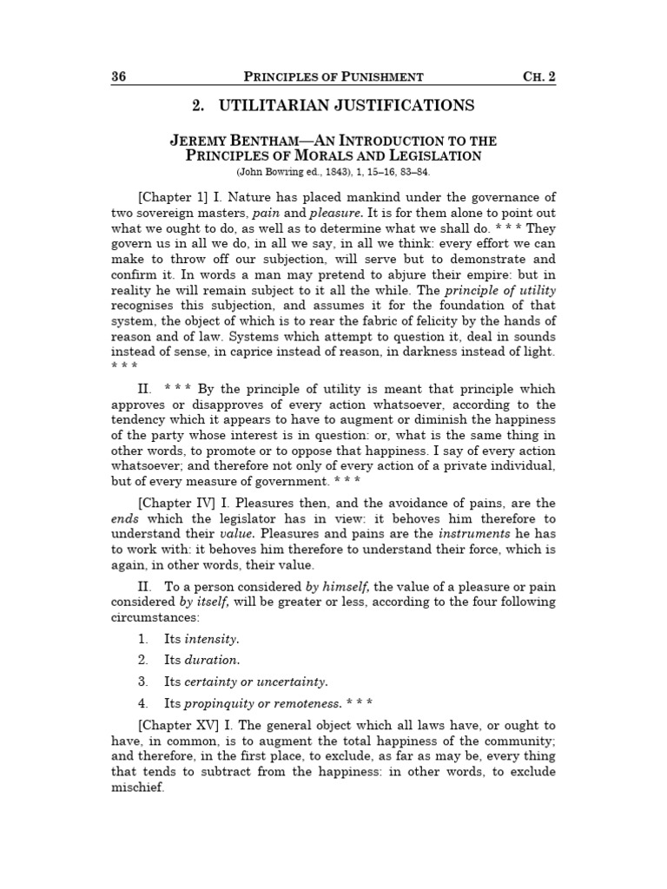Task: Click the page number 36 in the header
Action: pos(119,76)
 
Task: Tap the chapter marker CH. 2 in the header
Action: pos(538,76)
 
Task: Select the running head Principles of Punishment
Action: pos(333,76)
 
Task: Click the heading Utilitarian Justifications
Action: pos(333,106)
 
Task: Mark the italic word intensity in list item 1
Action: pos(210,639)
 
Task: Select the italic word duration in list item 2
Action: pos(209,660)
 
